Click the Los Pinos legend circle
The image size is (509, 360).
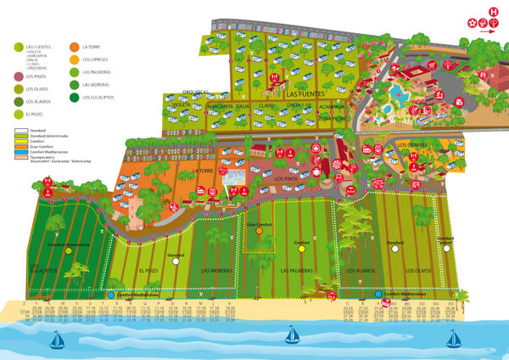(x=18, y=76)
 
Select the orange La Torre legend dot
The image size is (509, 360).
(x=75, y=47)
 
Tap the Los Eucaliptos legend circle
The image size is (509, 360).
(x=75, y=98)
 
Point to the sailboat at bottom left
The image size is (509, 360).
(x=58, y=340)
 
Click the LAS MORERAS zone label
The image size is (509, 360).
(x=218, y=270)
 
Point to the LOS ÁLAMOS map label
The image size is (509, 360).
(x=361, y=270)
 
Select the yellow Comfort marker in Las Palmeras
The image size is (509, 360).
(x=301, y=251)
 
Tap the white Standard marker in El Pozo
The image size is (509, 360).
(x=176, y=262)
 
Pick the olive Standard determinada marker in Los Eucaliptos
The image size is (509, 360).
(x=69, y=251)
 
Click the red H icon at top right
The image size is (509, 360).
(x=492, y=11)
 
